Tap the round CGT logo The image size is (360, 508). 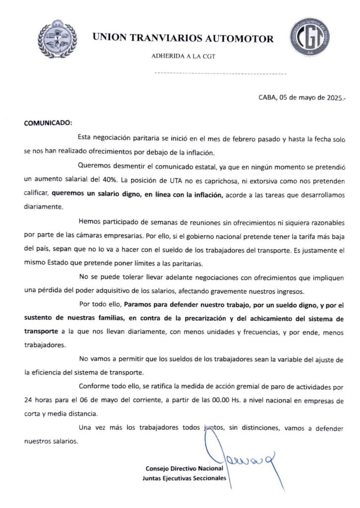310,37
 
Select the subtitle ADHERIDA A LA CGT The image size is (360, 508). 183,57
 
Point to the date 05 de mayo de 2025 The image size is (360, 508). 310,98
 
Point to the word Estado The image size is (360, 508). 61,263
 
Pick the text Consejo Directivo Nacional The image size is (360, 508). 185,468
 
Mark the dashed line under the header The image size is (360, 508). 221,73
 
